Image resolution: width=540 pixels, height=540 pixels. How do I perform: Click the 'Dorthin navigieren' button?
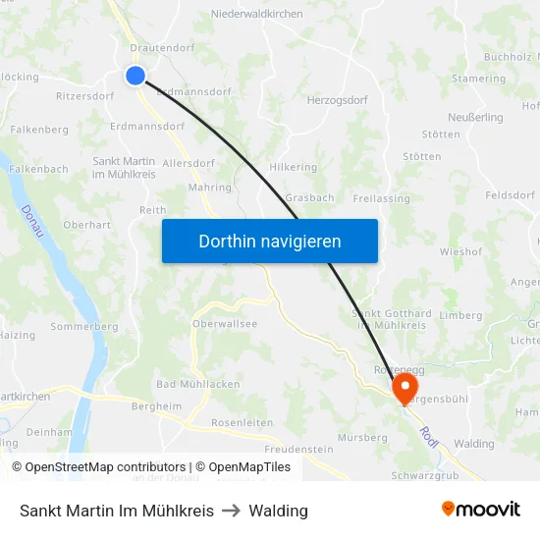point(270,241)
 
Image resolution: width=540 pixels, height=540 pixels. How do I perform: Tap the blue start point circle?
point(135,76)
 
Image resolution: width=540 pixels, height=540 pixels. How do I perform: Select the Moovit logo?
point(481,510)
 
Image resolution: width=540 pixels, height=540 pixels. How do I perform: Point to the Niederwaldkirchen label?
point(257,15)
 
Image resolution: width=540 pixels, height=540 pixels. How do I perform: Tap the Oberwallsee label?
point(225,324)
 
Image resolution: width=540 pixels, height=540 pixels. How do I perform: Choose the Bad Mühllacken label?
point(198,384)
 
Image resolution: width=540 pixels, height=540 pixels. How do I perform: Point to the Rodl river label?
point(428,433)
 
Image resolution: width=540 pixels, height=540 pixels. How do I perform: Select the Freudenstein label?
point(272,449)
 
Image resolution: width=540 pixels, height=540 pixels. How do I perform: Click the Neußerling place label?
point(475,117)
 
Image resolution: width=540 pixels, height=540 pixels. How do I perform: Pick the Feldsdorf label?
point(511,195)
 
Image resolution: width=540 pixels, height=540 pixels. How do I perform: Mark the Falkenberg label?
point(39,130)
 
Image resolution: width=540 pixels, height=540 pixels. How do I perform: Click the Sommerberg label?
point(84,327)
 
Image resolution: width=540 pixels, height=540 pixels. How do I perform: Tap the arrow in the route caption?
point(232,511)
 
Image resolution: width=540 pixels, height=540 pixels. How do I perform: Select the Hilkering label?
point(293,168)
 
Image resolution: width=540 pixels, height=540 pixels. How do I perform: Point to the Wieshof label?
point(460,251)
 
